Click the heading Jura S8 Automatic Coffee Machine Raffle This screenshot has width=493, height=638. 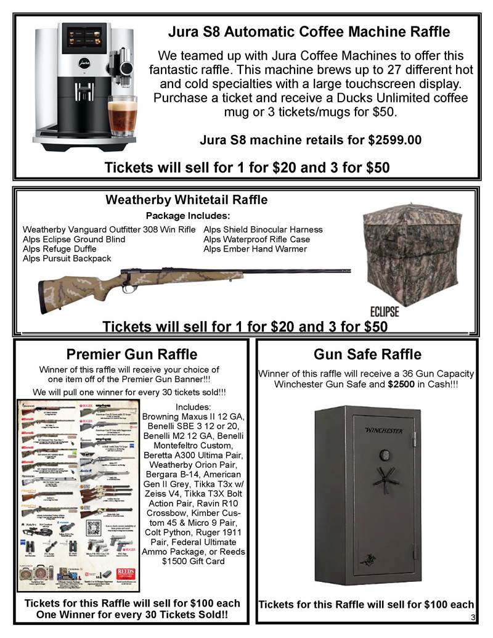click(309, 31)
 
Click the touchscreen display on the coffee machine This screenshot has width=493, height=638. click(86, 39)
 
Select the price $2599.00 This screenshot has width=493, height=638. click(394, 140)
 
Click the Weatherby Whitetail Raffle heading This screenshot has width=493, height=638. click(187, 200)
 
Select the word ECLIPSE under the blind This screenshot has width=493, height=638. click(385, 309)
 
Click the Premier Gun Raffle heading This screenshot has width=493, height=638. click(132, 354)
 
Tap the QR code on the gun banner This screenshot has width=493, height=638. click(94, 528)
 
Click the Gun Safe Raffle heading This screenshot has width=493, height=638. click(367, 354)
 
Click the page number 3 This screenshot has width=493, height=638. click(472, 618)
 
